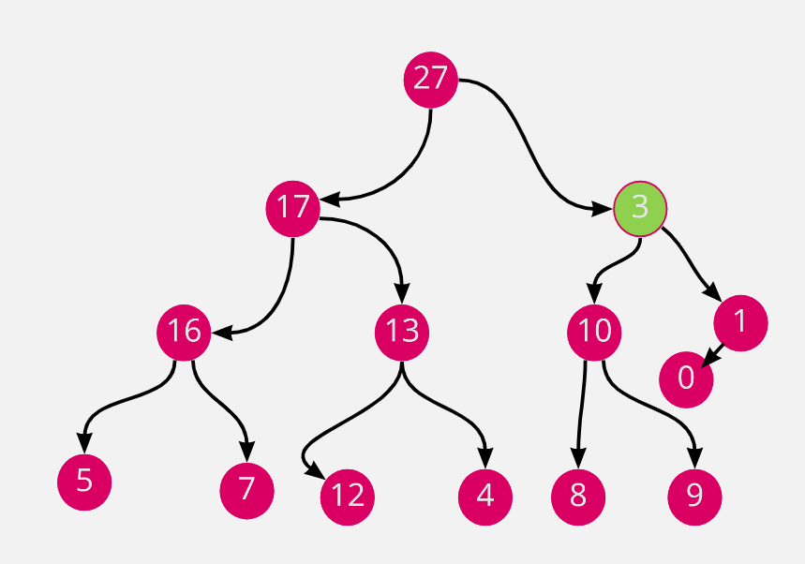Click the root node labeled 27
[430, 79]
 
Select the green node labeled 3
[640, 207]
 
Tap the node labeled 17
[293, 207]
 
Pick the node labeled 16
[185, 332]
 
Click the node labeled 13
[402, 332]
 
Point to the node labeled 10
[595, 332]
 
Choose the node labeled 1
[740, 322]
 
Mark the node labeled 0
[686, 378]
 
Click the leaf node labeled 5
[84, 482]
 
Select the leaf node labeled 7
[246, 489]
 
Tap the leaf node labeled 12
[348, 496]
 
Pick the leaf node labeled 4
[485, 496]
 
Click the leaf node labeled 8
[578, 496]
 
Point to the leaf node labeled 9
[694, 496]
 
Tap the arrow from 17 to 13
[384, 239]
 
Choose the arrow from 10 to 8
[582, 412]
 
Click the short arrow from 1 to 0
[713, 354]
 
